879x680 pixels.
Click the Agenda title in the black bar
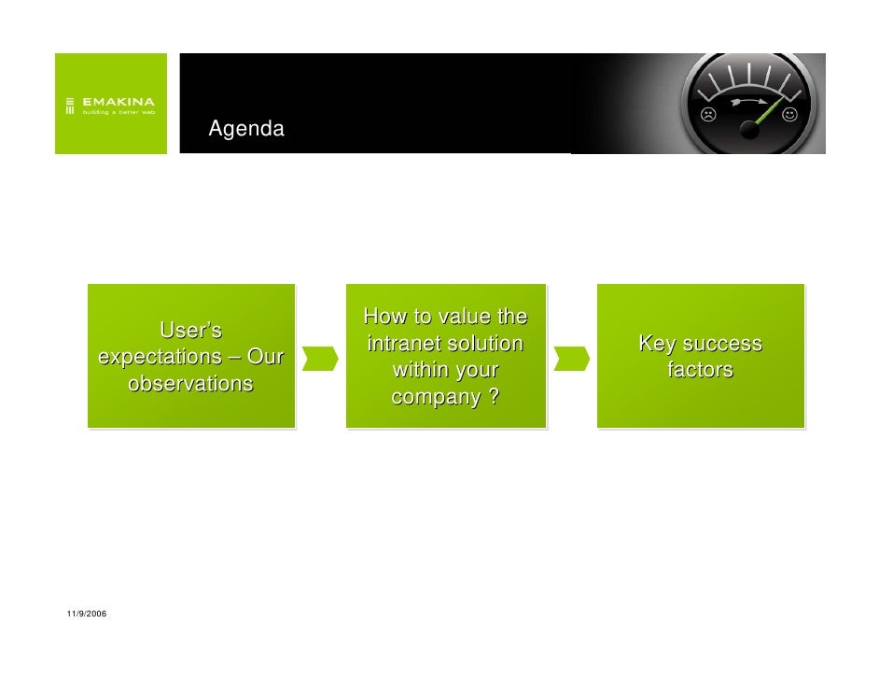(246, 129)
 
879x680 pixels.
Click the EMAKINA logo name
(119, 101)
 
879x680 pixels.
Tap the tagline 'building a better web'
(119, 112)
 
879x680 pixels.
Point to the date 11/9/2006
(87, 613)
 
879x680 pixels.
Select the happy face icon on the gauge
(789, 115)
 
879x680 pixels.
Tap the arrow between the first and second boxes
(319, 358)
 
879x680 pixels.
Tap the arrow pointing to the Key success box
(571, 358)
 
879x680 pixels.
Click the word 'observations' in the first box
(190, 384)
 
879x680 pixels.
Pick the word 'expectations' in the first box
(155, 357)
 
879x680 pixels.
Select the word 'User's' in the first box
(190, 331)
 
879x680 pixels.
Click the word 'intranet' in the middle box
(403, 344)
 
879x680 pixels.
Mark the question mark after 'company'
(492, 398)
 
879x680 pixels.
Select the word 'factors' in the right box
(700, 371)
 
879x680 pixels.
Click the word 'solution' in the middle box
(484, 344)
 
